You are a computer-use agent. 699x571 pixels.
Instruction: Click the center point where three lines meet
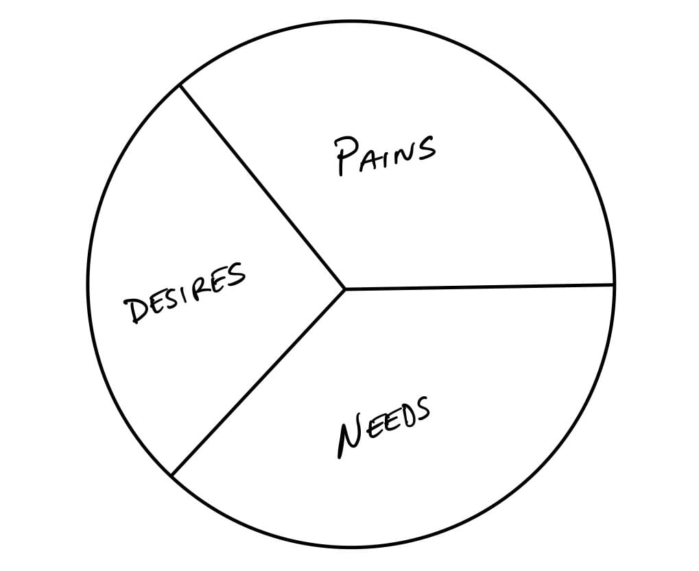pyautogui.click(x=345, y=289)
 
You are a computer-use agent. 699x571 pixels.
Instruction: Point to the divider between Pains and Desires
pyautogui.click(x=262, y=186)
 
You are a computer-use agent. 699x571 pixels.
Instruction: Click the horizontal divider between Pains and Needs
pyautogui.click(x=480, y=287)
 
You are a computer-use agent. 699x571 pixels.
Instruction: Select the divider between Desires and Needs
pyautogui.click(x=259, y=381)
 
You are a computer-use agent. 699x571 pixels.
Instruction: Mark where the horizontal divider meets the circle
pyautogui.click(x=614, y=284)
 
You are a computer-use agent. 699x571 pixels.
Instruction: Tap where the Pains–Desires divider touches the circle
pyautogui.click(x=180, y=85)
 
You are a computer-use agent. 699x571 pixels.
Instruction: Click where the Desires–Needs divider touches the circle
pyautogui.click(x=172, y=474)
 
